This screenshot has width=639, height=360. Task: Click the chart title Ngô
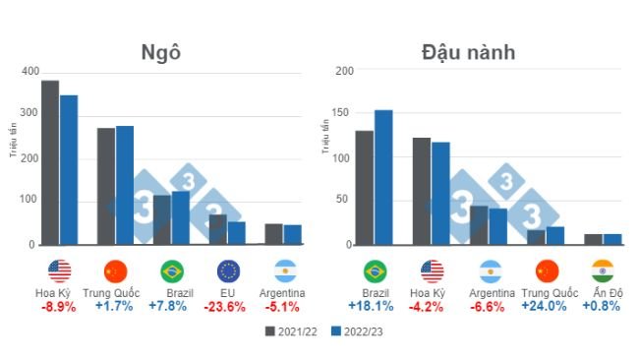pos(162,51)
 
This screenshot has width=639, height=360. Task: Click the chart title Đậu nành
pos(468,51)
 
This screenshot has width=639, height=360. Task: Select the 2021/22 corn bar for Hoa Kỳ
pos(50,162)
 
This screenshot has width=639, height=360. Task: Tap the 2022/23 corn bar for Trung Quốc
pos(125,185)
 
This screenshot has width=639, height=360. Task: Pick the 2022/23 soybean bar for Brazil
pos(383,177)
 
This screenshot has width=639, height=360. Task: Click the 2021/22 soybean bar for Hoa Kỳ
pos(422,191)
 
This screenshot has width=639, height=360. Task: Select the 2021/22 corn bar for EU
pos(218,229)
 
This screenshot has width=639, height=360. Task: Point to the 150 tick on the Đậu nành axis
pos(341,114)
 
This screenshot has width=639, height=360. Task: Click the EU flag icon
pos(228,270)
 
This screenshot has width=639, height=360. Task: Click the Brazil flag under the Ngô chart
pos(172,270)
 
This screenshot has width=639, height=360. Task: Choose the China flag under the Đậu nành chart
pos(547,270)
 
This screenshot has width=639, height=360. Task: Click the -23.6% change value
pos(227,306)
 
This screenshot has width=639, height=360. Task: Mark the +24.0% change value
pos(547,306)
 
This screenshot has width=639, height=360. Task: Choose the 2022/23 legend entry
pos(356,331)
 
